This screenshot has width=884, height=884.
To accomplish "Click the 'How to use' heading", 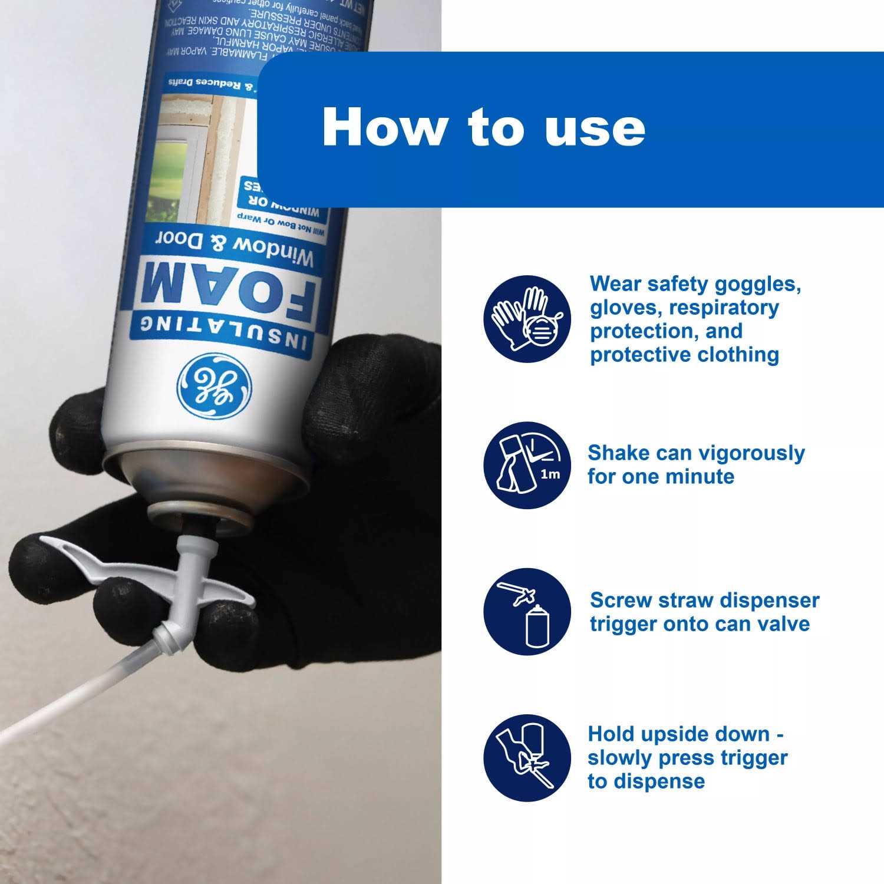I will (x=483, y=127).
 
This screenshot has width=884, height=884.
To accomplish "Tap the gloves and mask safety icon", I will (x=527, y=319).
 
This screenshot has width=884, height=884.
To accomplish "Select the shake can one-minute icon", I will (x=527, y=466).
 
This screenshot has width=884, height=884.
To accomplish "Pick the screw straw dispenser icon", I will (x=527, y=612).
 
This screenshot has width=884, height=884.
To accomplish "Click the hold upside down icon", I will (x=527, y=758).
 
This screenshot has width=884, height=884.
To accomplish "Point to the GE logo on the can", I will (x=215, y=387).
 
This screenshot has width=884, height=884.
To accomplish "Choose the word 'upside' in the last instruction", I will (x=675, y=734).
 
